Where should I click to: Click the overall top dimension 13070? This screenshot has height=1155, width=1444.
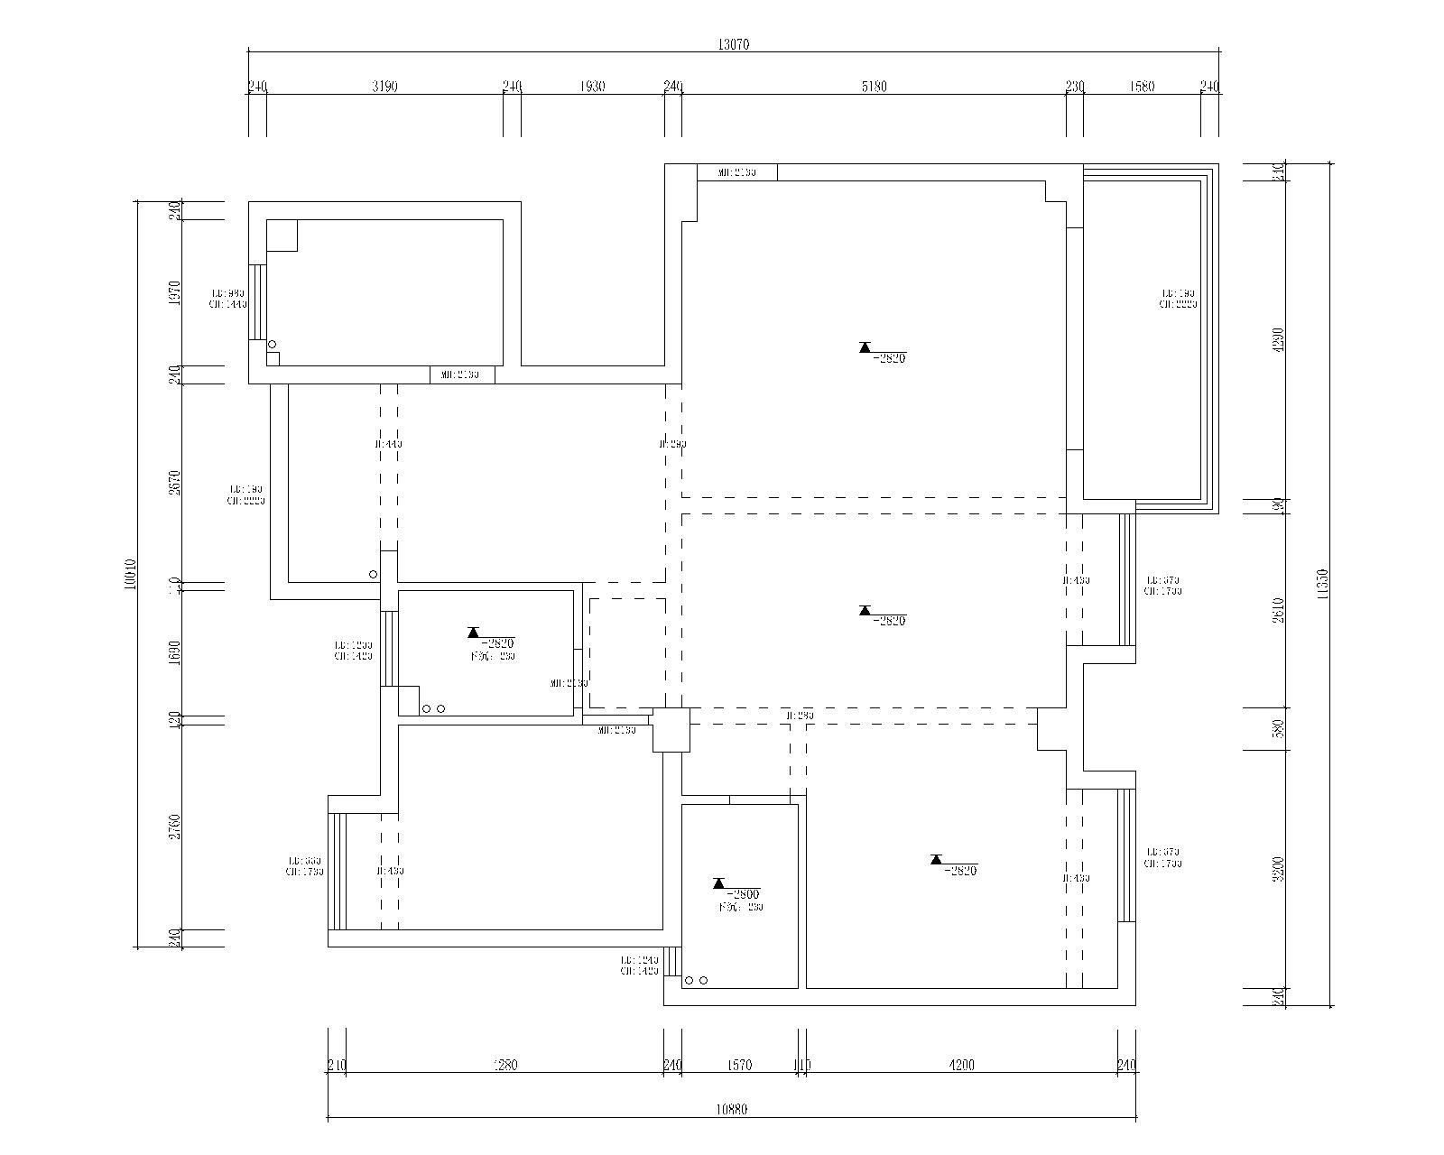(x=734, y=44)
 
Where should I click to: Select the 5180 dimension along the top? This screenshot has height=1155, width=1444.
(x=875, y=87)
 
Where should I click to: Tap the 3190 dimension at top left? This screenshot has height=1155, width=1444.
(x=384, y=87)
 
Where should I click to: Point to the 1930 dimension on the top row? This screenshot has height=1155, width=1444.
(x=592, y=87)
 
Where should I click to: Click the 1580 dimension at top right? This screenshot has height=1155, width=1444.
(x=1142, y=87)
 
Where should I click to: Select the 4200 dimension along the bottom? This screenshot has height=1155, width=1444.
(x=962, y=1066)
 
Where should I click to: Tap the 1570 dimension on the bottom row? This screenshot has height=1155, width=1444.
(x=739, y=1066)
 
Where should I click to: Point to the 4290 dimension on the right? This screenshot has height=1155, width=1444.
(x=1277, y=339)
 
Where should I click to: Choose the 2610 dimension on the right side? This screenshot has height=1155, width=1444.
(x=1277, y=610)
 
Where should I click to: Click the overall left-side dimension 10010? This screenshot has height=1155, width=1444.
(x=130, y=574)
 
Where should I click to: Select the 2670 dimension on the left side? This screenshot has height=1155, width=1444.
(x=175, y=483)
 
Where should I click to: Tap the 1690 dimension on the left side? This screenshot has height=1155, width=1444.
(x=175, y=651)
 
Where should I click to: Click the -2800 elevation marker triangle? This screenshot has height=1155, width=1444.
(x=719, y=883)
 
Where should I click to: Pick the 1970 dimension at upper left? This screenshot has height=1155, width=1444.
(x=175, y=292)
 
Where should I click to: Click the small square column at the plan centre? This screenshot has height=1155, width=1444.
(x=671, y=729)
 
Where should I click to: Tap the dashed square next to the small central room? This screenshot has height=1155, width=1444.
(x=627, y=652)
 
